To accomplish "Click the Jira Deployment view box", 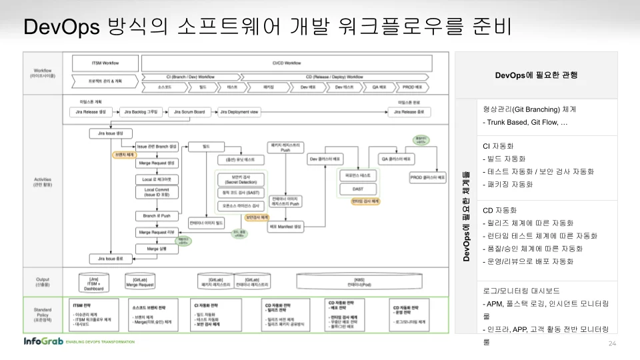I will [x=238, y=112].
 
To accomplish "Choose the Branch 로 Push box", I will [x=156, y=216].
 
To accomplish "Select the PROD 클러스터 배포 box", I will [x=427, y=178].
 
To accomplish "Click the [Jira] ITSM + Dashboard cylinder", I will [x=93, y=282].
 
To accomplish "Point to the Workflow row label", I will [x=43, y=73].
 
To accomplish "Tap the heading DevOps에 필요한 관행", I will [x=536, y=75].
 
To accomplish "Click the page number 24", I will [x=612, y=344].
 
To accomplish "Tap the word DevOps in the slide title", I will [x=61, y=27].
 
